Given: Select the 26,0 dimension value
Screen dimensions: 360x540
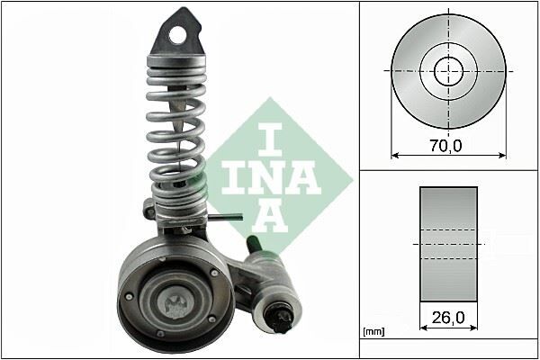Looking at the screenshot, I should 448,317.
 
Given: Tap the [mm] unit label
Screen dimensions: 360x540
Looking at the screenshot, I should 372,332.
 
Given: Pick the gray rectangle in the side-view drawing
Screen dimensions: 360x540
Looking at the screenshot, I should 448,243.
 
